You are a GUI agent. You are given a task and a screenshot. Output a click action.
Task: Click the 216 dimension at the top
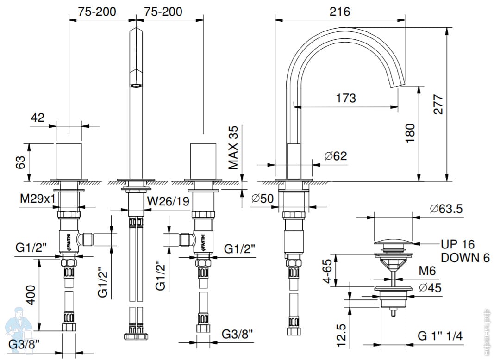click(x=340, y=11)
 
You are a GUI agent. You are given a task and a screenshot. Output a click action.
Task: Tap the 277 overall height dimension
click(x=438, y=104)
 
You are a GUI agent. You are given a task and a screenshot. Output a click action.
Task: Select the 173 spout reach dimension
click(x=346, y=98)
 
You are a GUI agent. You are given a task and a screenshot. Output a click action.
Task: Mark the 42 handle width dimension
click(x=38, y=118)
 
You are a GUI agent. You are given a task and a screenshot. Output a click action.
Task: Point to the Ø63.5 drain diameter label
click(x=446, y=209)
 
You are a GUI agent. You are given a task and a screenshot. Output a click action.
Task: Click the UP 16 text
click(x=458, y=244)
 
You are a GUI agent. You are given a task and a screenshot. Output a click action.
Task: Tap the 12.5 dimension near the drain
click(x=341, y=335)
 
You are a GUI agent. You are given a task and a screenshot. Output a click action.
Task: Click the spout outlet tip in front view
click(x=136, y=85)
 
